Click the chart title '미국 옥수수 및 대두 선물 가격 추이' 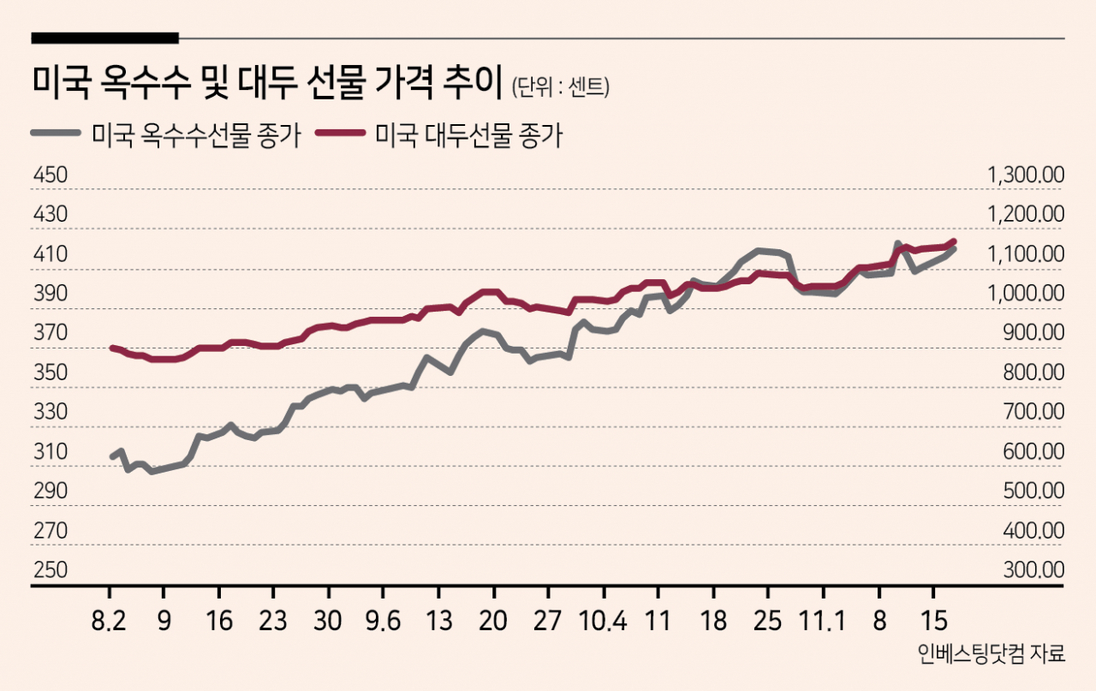point(267,82)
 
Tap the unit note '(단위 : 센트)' point(560,87)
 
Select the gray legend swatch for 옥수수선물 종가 point(56,133)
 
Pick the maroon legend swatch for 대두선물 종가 point(341,133)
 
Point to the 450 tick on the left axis point(51,176)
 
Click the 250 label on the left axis point(51,569)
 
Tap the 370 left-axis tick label point(51,333)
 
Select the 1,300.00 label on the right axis point(1026,176)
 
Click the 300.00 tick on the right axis point(1033,569)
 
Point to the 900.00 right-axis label point(1033,333)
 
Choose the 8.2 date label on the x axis point(109,621)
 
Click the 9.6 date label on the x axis point(383,621)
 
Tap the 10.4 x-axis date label point(603,621)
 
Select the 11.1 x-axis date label point(822,621)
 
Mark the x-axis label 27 point(547,621)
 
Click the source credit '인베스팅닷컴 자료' point(991,654)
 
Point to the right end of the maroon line point(954,241)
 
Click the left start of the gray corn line point(112,457)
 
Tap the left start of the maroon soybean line point(112,348)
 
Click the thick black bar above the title point(104,39)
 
